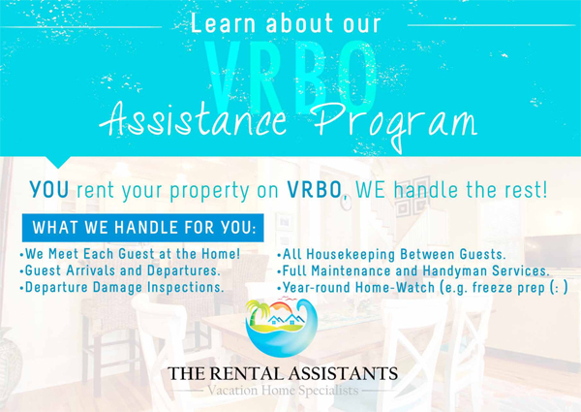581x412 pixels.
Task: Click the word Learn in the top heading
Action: click(219, 23)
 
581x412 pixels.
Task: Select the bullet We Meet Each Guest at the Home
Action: click(131, 254)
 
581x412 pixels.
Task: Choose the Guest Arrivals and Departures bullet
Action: click(120, 270)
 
